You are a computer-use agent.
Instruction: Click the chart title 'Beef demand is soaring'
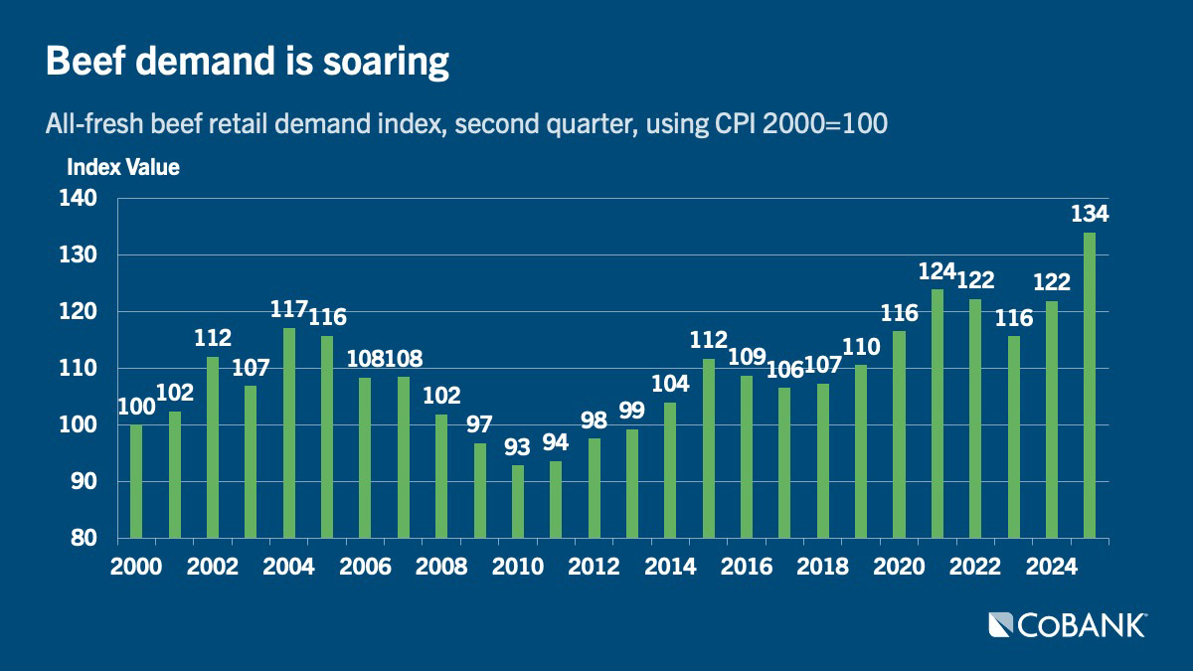[248, 62]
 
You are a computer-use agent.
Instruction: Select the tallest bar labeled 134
[1090, 385]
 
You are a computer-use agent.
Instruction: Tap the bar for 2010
[518, 502]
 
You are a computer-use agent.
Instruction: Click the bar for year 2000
[136, 481]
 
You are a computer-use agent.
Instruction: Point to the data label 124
[937, 271]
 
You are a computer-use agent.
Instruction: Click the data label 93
[517, 447]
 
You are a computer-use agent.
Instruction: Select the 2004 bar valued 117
[289, 433]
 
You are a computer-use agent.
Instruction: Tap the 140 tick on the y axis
[79, 199]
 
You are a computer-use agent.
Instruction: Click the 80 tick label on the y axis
[85, 538]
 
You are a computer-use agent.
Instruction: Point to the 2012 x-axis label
[594, 567]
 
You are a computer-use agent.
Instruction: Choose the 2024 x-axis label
[1052, 567]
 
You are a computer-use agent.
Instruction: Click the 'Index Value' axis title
[123, 167]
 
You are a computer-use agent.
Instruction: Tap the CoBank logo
[1068, 625]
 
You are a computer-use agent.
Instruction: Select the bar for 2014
[670, 470]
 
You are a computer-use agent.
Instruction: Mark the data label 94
[556, 442]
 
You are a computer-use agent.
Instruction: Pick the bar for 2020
[899, 434]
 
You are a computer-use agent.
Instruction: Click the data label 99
[631, 410]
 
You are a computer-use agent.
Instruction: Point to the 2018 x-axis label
[822, 567]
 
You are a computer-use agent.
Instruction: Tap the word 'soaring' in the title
[386, 63]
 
